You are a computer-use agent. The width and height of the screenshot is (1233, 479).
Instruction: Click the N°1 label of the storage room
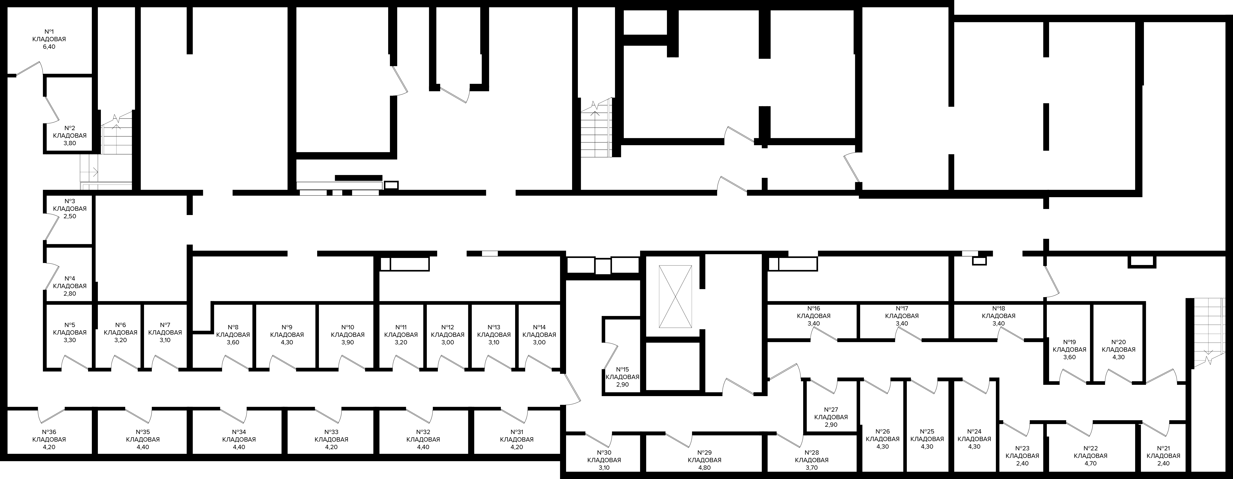pos(49,32)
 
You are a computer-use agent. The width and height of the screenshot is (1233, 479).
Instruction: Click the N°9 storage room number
pos(287,327)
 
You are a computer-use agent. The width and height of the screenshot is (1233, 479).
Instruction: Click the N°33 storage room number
pos(331,432)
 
